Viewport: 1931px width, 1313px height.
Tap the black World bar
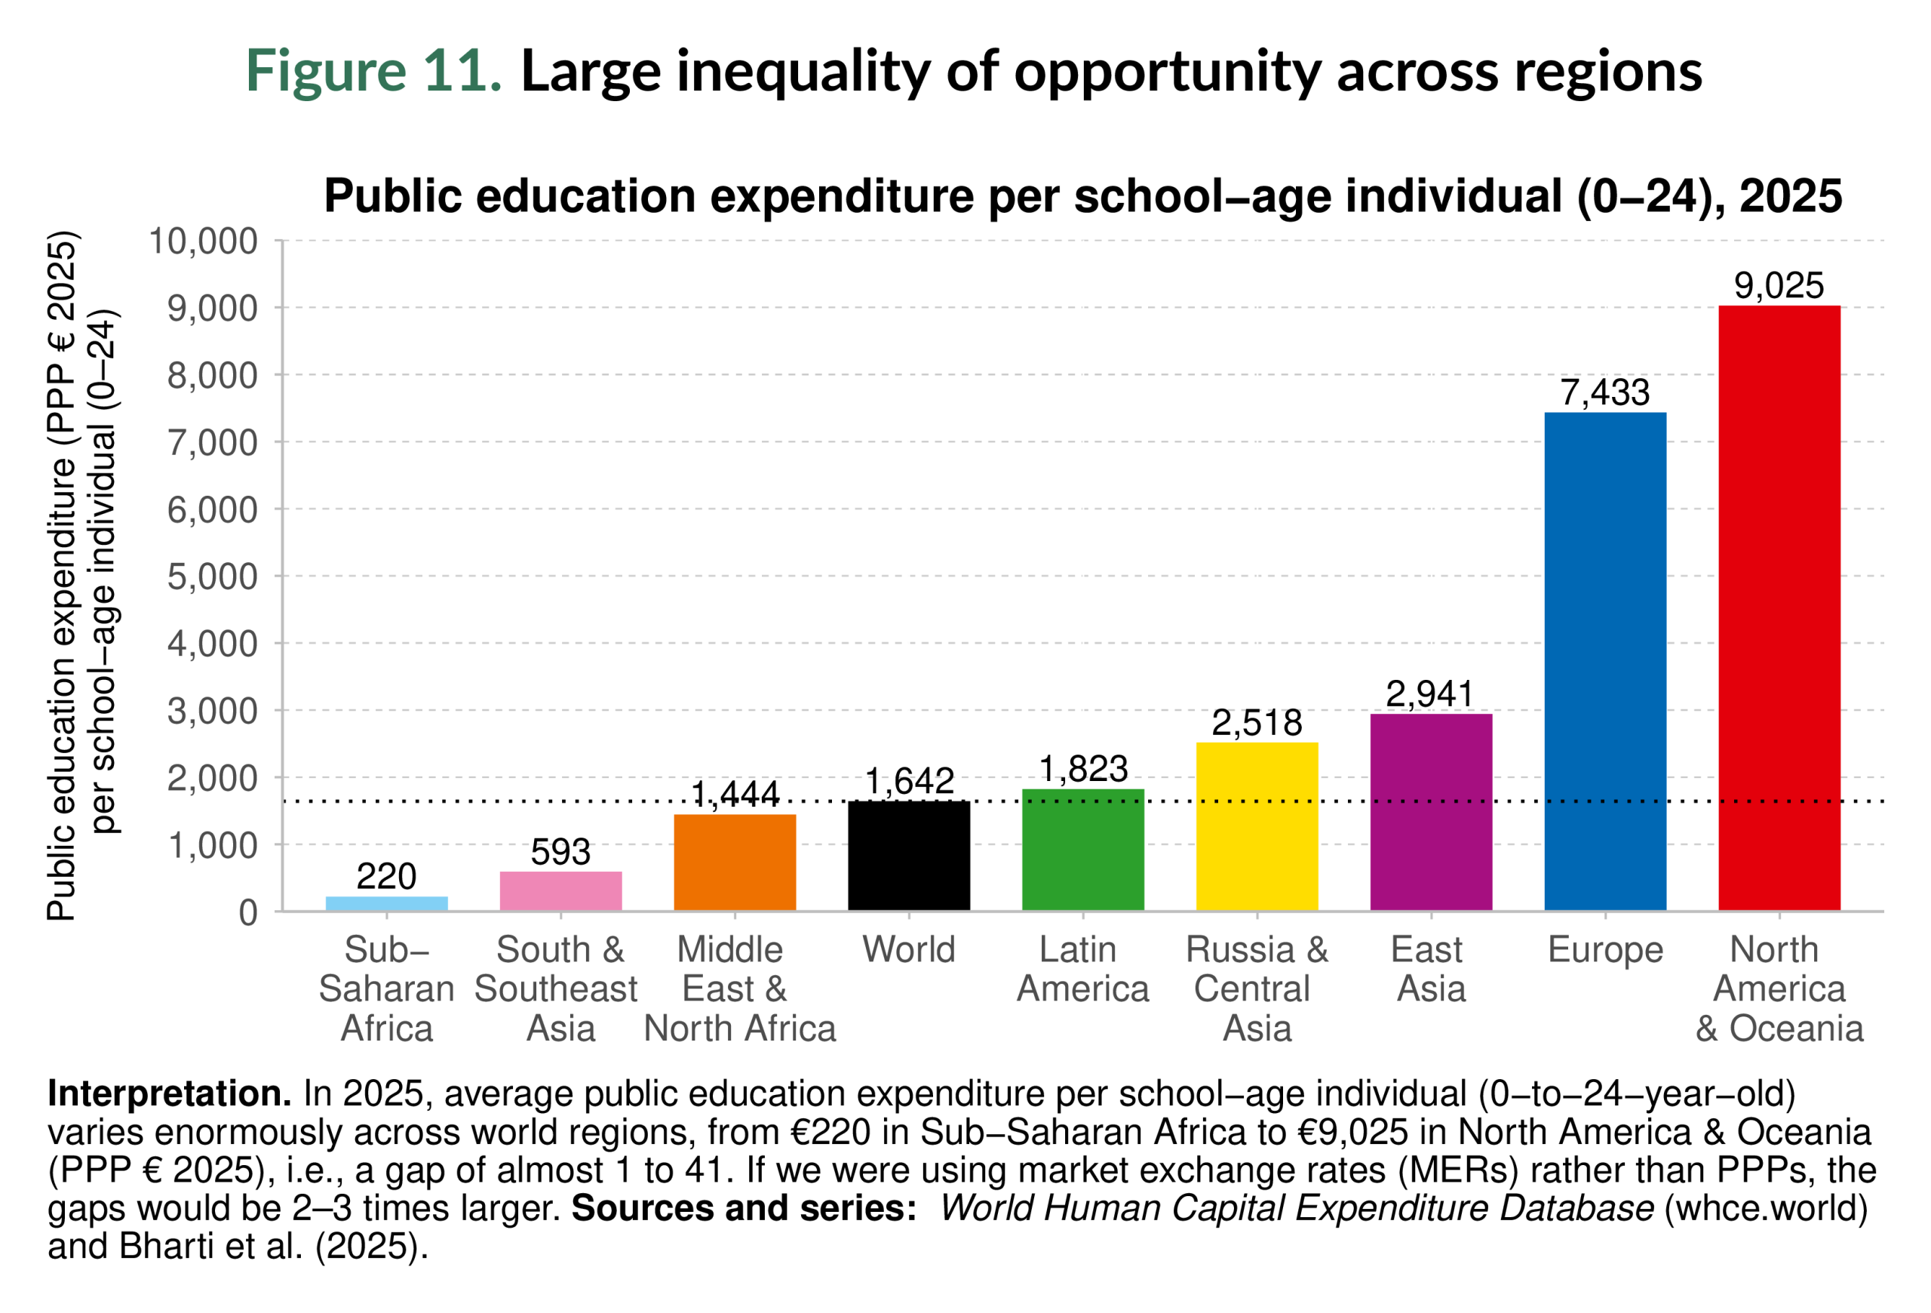908,855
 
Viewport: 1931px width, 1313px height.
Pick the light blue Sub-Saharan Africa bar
386,903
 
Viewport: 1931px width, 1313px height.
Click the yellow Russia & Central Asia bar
1257,826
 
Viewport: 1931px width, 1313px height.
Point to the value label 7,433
1604,392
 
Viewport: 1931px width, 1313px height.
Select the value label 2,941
1430,694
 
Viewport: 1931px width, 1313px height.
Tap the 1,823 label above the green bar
1082,769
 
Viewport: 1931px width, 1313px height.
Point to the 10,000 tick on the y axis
203,241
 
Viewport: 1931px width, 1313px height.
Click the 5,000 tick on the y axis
213,577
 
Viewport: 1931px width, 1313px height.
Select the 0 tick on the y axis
247,913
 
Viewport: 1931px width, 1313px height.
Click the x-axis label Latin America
1082,969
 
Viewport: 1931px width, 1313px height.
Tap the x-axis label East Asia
1430,969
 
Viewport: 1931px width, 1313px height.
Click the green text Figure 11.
373,71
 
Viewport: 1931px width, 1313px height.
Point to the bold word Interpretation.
169,1093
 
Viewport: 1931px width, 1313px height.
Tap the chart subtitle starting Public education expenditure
1082,197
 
